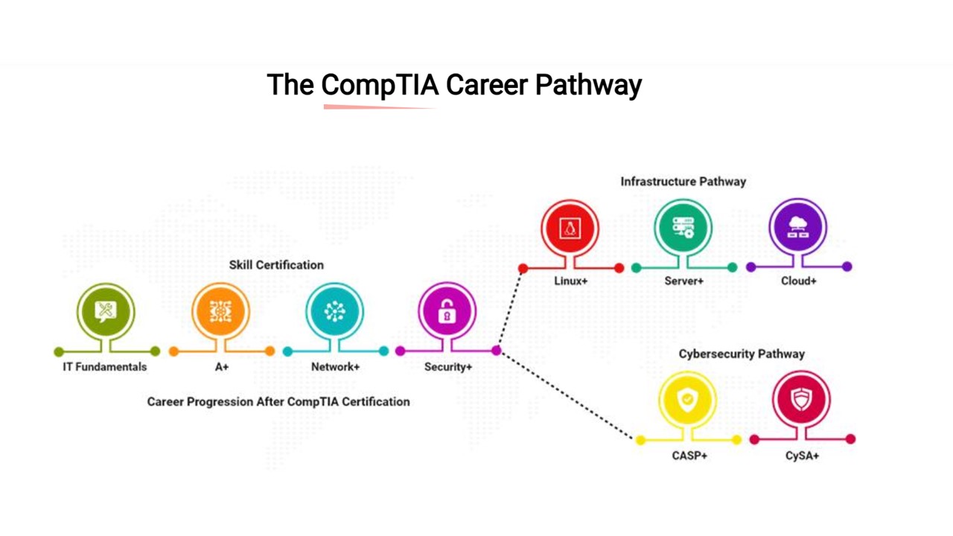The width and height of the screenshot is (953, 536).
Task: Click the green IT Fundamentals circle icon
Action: (x=106, y=311)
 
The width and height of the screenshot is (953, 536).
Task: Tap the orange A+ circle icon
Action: (x=220, y=311)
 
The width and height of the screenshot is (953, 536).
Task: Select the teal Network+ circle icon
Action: (x=334, y=311)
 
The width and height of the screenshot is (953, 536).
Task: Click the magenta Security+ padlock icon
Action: (x=447, y=311)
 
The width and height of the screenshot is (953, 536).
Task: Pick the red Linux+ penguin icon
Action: (x=570, y=229)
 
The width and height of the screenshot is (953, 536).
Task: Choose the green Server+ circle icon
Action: (x=683, y=228)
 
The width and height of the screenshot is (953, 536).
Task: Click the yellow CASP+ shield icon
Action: (x=688, y=400)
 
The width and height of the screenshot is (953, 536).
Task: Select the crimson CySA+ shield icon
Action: (x=801, y=400)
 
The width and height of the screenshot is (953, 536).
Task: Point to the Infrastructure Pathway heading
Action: (x=683, y=182)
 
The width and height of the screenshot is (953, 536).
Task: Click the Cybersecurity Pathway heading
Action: (x=742, y=354)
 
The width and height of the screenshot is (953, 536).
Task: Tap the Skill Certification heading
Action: (x=276, y=265)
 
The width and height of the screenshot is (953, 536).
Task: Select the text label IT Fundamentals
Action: (x=105, y=367)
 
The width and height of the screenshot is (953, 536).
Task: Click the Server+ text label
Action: (x=683, y=281)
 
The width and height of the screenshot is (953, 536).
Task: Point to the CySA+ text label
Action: (x=802, y=455)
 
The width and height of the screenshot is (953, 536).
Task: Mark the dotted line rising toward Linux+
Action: (x=510, y=309)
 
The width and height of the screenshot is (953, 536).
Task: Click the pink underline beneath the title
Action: (x=380, y=107)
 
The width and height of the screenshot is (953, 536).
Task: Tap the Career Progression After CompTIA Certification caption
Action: (x=278, y=402)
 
